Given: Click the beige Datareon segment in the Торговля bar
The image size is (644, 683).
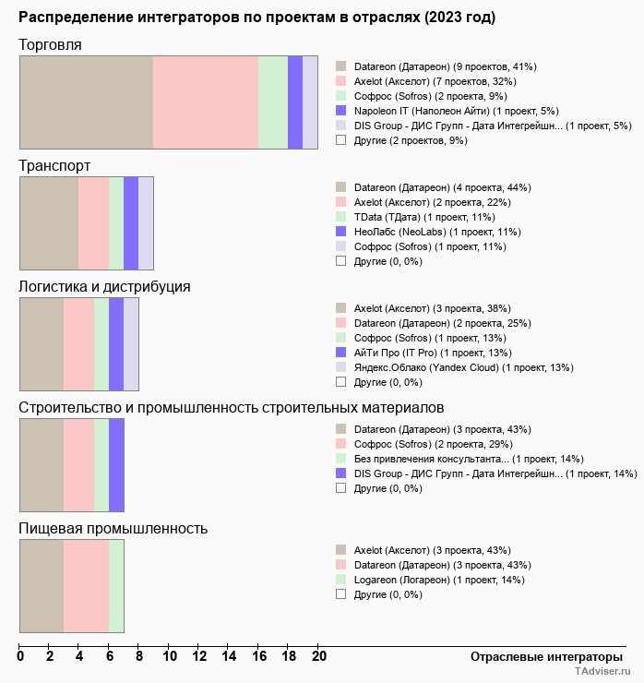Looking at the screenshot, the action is point(87,102).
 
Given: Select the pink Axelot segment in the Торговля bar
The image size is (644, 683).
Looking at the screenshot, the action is point(206,102).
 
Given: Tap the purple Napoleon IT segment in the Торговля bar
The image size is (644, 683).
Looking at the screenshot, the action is point(295,102).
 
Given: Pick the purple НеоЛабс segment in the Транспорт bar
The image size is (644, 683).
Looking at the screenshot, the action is point(131,223).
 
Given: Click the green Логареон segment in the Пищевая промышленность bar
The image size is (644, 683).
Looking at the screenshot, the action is point(116,586).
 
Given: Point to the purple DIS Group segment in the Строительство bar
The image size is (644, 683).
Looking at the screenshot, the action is point(116,465).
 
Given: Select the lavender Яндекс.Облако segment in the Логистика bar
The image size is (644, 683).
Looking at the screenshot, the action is point(131,344).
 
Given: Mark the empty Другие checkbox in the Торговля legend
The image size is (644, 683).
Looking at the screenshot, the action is point(341,139).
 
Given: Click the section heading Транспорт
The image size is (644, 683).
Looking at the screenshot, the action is point(54,166).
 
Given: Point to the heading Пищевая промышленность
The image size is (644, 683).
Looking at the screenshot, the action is point(113,528).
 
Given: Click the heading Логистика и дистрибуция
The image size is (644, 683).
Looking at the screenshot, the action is point(104,287).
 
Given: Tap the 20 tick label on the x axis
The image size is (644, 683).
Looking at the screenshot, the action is point(318,656).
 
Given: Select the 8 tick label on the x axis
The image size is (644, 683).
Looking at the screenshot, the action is point(139,656).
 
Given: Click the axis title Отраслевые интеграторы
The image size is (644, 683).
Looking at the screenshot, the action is point(546,657).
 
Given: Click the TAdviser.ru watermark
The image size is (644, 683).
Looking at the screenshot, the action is point(602,671).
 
